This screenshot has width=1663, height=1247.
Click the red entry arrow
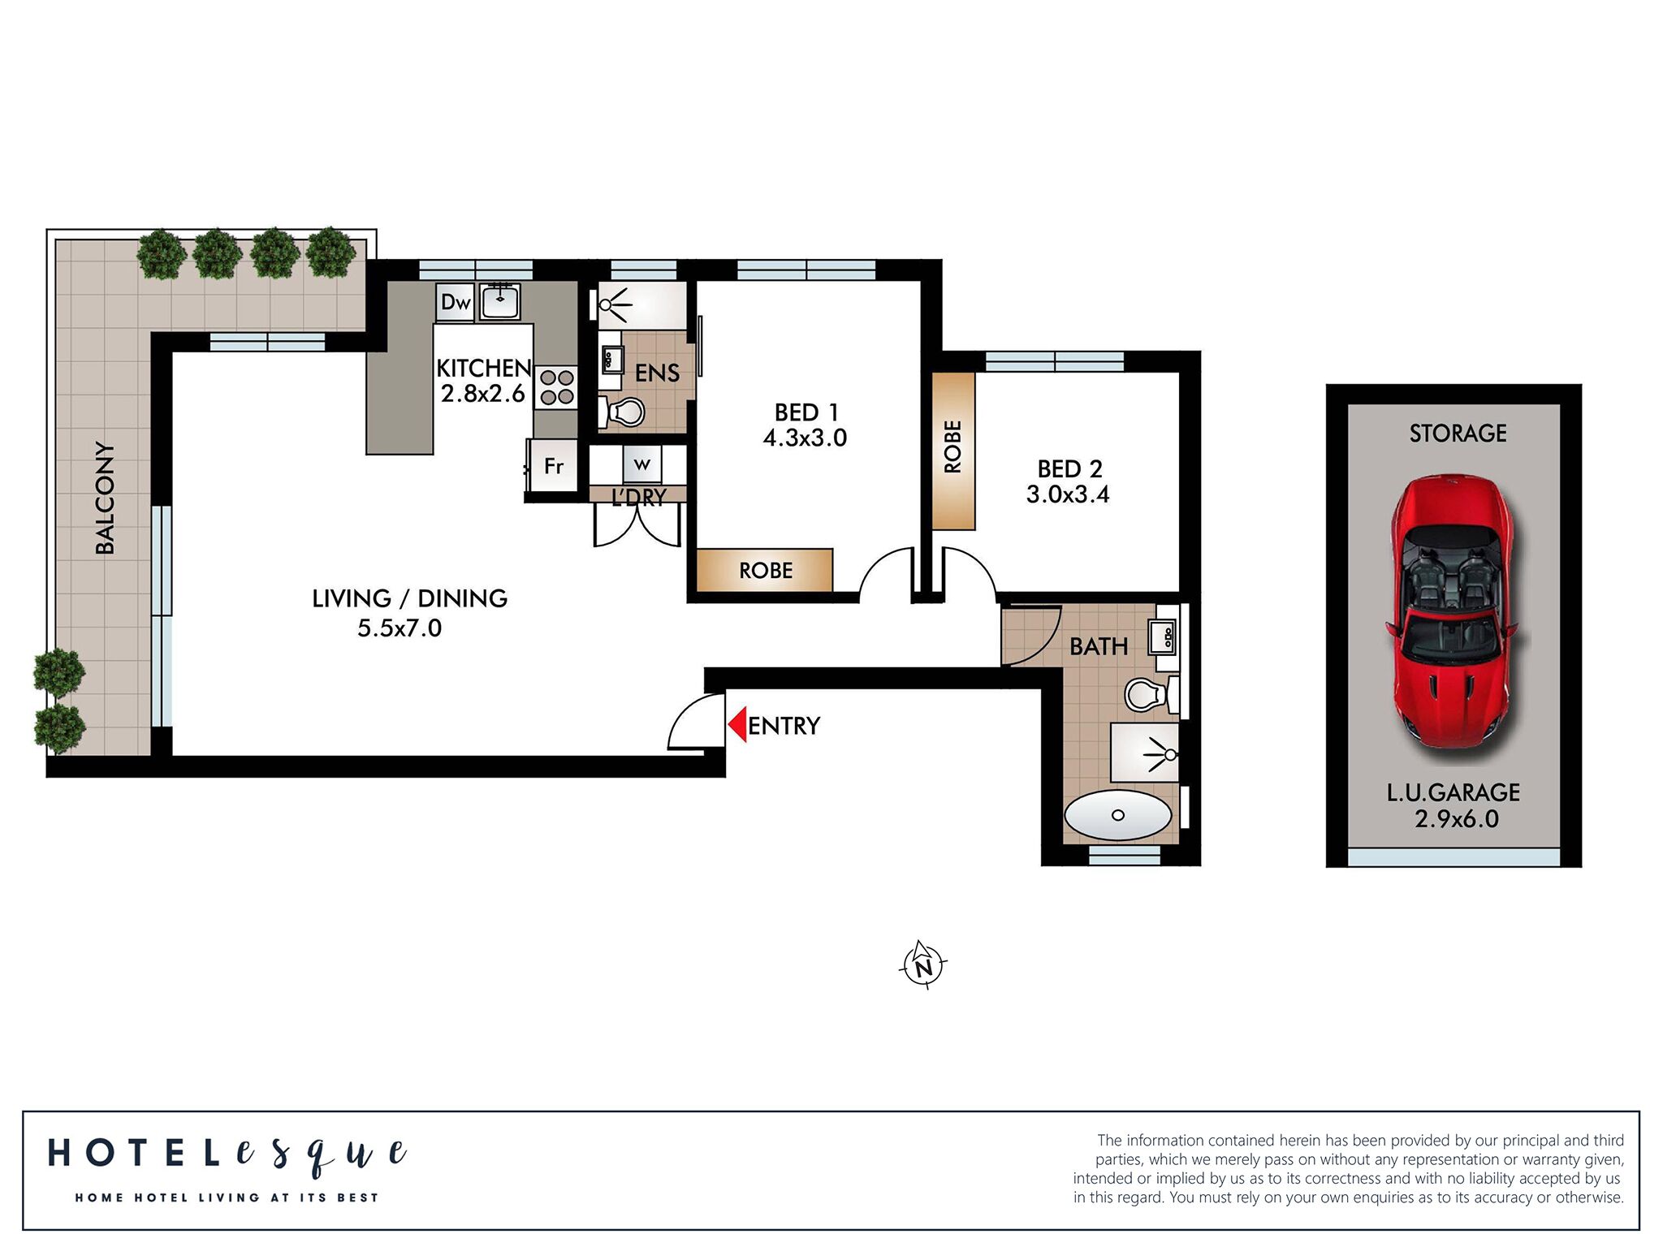[x=737, y=724]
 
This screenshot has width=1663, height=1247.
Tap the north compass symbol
[x=923, y=965]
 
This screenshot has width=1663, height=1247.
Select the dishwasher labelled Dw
[x=455, y=303]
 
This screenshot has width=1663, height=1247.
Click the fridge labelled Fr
[x=554, y=466]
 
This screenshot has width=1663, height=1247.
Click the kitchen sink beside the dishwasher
[x=500, y=302]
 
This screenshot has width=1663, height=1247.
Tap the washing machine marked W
[x=642, y=465]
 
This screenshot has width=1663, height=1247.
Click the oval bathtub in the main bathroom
[x=1117, y=815]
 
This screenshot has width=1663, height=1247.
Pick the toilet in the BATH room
[x=1145, y=695]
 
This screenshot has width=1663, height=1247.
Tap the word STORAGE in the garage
[x=1458, y=434]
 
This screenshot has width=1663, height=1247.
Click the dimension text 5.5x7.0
[x=400, y=628]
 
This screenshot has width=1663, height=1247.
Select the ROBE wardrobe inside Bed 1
[x=765, y=570]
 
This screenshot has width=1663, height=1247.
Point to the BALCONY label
[x=106, y=498]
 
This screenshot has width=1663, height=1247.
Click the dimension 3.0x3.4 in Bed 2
[x=1067, y=494]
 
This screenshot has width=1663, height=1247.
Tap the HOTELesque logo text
[x=227, y=1154]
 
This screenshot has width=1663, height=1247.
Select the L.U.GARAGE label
[x=1453, y=792]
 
